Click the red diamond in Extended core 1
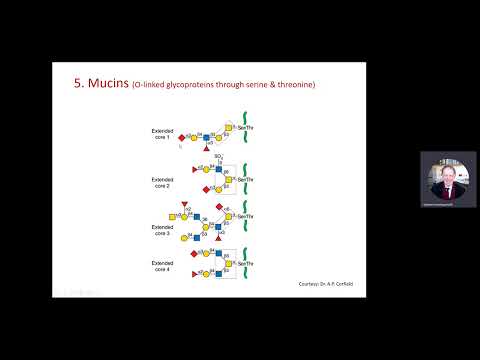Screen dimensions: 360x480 (x=181, y=137)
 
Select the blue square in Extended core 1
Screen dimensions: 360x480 (x=220, y=135)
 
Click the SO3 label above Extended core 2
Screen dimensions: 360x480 (x=219, y=157)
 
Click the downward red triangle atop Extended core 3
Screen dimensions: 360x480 (x=185, y=203)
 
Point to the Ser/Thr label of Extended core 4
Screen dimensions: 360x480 (x=245, y=260)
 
